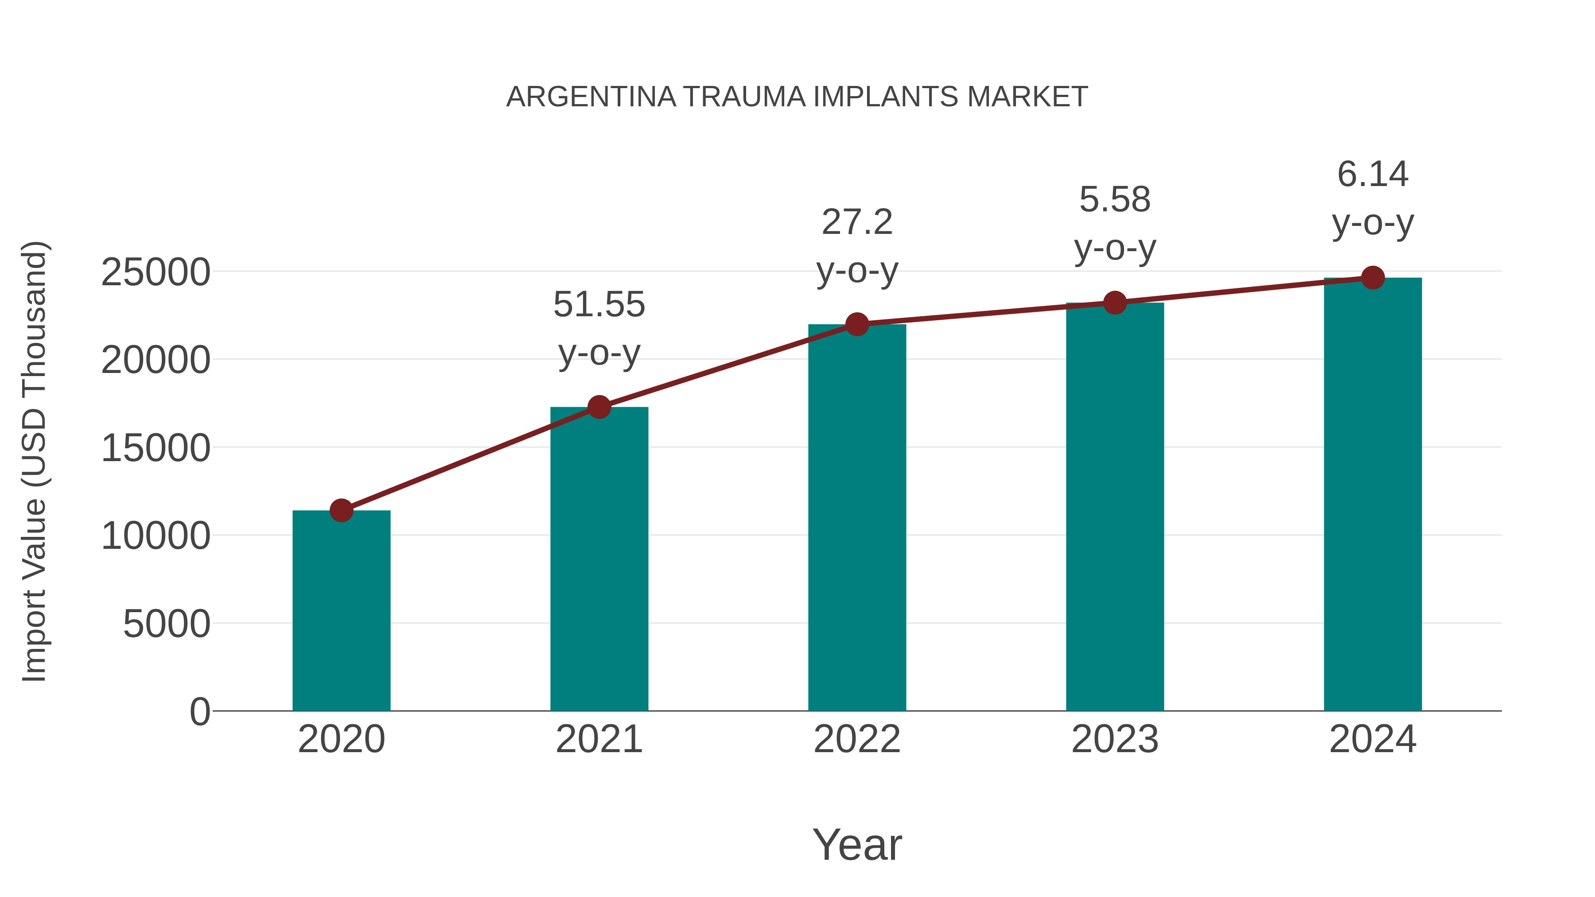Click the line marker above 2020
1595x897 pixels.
[x=341, y=511]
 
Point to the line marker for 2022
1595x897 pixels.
[x=857, y=324]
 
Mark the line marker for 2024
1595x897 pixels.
[x=1373, y=278]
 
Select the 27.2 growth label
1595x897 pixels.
[x=857, y=223]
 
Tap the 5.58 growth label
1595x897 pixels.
[x=1115, y=200]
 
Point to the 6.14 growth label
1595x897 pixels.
[x=1373, y=175]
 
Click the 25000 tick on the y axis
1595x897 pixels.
[x=156, y=272]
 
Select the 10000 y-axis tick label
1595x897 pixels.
[x=156, y=536]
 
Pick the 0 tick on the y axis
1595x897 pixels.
[x=200, y=712]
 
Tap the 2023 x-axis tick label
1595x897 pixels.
[x=1115, y=739]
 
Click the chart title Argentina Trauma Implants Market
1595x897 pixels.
[x=797, y=97]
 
